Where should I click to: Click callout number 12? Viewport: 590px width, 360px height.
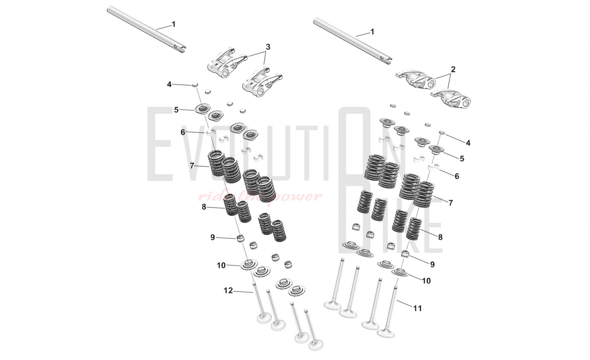point(228,291)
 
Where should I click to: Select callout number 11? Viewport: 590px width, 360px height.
point(417,308)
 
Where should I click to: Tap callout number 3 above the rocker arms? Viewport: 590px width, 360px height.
point(268,47)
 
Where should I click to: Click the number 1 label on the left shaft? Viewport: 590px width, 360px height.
point(173,24)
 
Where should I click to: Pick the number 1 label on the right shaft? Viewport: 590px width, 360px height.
point(372,32)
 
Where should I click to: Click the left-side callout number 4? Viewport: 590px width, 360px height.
point(169,85)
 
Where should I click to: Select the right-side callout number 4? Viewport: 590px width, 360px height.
point(468,143)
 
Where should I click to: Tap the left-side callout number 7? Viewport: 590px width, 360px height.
point(192,166)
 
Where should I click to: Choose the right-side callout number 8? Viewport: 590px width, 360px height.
point(440,237)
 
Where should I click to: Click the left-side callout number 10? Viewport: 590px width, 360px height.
point(221,266)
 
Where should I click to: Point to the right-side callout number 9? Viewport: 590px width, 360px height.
point(432,264)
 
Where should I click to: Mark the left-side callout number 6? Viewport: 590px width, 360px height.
point(183,132)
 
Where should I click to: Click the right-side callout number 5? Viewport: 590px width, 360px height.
point(462,158)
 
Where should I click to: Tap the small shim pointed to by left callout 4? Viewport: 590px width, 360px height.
point(195,85)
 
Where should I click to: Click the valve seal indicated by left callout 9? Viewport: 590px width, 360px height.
point(241,238)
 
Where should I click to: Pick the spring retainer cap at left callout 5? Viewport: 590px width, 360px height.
point(202,109)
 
